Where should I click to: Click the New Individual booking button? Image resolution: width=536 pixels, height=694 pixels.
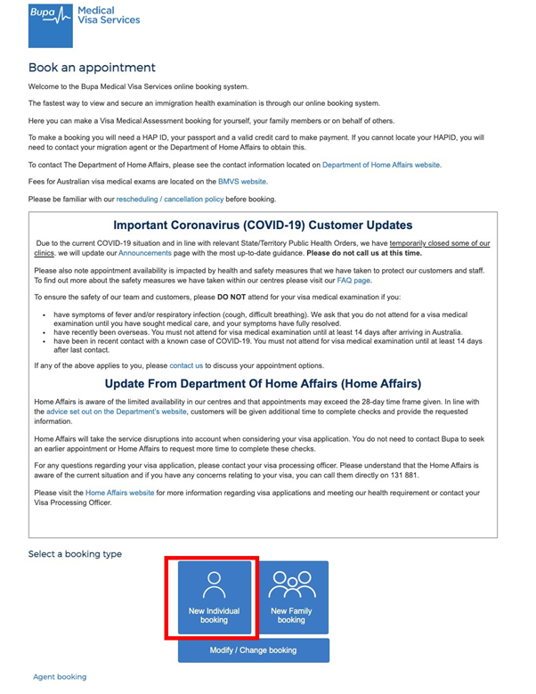coord(214,598)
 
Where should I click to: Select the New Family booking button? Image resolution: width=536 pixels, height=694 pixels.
coord(291,598)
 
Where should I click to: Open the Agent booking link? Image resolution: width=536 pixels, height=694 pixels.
coord(60,677)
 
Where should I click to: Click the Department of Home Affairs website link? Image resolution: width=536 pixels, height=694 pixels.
coord(380,165)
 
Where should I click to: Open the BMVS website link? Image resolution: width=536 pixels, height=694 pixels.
coord(242,182)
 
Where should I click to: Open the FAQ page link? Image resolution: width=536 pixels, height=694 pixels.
coord(354,279)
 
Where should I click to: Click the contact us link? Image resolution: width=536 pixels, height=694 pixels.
coord(186,365)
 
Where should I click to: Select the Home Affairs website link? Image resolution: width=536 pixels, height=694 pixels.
coord(119,493)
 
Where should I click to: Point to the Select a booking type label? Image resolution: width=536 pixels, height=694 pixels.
coord(75,554)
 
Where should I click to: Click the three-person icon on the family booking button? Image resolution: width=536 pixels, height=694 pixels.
coord(291,584)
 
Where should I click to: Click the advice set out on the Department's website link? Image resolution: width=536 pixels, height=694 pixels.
coord(111,412)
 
